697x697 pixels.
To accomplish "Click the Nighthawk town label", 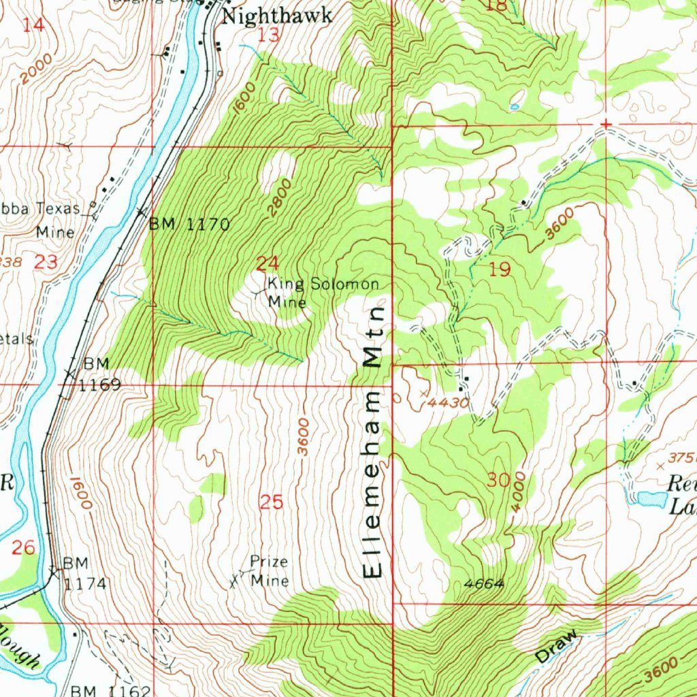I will tap(278, 16).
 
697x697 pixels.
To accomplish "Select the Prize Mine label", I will tap(269, 571).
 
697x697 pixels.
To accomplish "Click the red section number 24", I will tap(268, 263).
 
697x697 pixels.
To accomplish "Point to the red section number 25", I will tap(272, 502).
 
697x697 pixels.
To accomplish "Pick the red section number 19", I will tap(500, 270).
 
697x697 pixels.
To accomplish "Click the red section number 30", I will tap(499, 481).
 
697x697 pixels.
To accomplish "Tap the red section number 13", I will tap(270, 35).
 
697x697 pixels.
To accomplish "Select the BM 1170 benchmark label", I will tap(189, 223).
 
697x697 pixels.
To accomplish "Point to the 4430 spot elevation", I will tap(446, 402).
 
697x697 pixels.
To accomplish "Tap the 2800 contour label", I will tap(279, 197).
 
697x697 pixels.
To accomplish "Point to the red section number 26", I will tap(24, 547).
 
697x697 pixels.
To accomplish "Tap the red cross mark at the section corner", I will tap(605, 125).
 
